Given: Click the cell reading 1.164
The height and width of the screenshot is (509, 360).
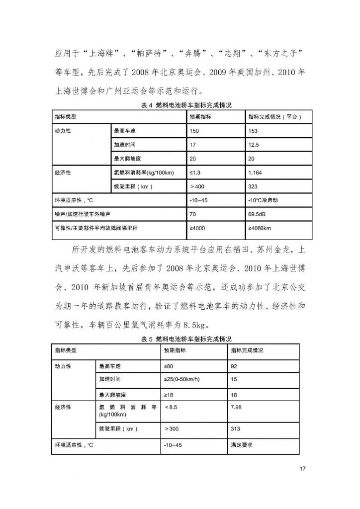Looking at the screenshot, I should [x=257, y=173].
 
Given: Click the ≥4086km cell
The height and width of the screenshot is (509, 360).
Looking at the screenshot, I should [x=261, y=229].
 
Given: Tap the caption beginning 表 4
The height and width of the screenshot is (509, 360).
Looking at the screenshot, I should [x=180, y=105].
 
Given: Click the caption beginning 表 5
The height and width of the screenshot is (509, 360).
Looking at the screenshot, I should [x=180, y=339].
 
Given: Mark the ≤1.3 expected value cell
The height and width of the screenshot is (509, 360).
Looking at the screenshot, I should [x=196, y=173].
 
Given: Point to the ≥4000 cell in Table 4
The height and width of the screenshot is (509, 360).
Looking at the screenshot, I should [x=198, y=229].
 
